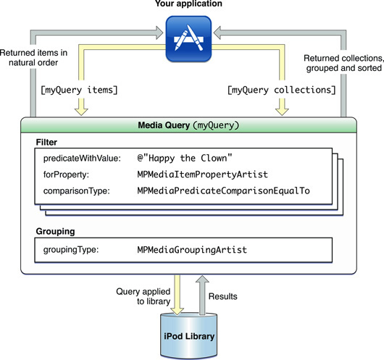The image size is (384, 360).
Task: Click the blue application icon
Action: (x=188, y=38)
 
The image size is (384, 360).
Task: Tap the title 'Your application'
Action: (x=188, y=4)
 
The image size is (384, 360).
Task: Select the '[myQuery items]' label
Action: (x=79, y=90)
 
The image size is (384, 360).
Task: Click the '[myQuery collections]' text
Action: (x=281, y=90)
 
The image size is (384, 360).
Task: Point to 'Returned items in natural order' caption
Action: (x=33, y=57)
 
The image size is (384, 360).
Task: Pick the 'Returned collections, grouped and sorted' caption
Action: (x=343, y=63)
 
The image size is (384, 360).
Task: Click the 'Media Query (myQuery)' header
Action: (x=188, y=125)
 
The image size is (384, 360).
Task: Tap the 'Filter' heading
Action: (x=46, y=142)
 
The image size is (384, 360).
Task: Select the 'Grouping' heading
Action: (x=55, y=232)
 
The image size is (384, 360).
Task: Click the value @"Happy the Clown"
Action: (x=185, y=158)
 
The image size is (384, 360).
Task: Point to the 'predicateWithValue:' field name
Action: (x=82, y=159)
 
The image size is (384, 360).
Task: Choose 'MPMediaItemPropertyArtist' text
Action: (x=203, y=175)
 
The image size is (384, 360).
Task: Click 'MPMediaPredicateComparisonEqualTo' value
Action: (x=223, y=191)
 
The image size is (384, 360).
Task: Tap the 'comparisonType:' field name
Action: (x=77, y=191)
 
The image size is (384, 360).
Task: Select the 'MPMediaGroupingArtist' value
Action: (x=192, y=250)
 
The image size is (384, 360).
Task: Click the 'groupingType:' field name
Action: (x=71, y=250)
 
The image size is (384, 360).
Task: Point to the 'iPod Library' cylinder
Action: (x=189, y=336)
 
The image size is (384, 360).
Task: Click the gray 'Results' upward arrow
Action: (x=202, y=295)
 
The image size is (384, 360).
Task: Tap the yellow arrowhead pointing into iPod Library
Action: (x=177, y=311)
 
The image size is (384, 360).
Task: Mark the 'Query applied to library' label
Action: (x=143, y=296)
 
